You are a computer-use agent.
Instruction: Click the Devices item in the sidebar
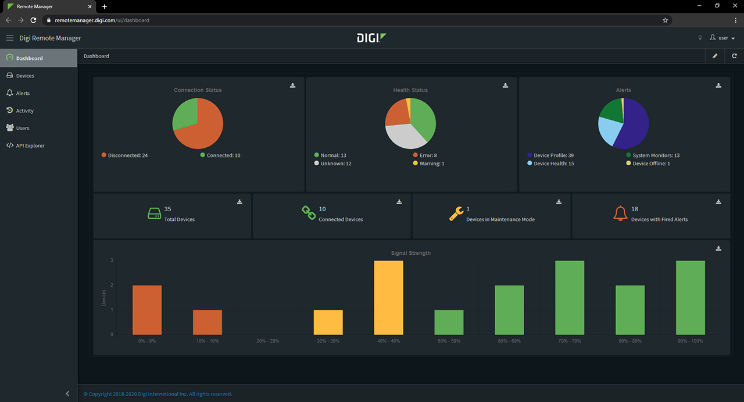[25, 76]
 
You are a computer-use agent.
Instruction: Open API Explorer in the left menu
[30, 145]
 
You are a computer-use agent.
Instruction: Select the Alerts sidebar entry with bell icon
[23, 93]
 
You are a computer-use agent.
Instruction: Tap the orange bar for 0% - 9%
[147, 309]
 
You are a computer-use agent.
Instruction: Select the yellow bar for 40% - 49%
[388, 297]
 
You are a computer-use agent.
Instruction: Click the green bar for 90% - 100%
[691, 297]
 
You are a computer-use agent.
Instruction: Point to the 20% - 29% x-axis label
[267, 341]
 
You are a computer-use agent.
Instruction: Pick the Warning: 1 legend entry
[432, 163]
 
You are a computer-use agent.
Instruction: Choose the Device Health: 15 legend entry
[553, 163]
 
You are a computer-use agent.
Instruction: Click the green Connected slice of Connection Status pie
[184, 113]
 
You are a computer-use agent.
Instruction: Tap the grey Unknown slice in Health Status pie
[403, 137]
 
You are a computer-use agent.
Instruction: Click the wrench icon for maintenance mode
[456, 214]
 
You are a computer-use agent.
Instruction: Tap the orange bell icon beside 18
[620, 214]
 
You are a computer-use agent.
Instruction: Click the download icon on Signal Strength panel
[718, 248]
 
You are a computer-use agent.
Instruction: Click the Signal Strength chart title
[411, 253]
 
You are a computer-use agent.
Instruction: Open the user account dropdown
[722, 38]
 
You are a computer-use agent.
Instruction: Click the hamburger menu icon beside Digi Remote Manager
[9, 38]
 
